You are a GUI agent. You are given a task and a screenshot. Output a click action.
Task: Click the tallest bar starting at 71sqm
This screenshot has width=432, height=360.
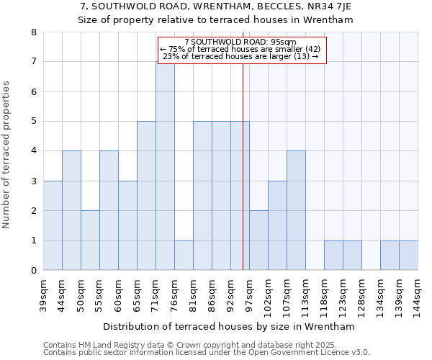coord(165,166)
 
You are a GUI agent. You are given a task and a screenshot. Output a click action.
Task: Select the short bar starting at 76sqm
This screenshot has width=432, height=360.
coord(184,256)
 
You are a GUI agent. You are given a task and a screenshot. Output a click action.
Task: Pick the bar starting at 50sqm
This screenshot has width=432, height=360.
coord(90,240)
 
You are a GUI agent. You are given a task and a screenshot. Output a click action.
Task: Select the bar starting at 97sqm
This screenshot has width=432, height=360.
coord(258,240)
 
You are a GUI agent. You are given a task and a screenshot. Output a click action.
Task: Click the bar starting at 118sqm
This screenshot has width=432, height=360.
coord(333,256)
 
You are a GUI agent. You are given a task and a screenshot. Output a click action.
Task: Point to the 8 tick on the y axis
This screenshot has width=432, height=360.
coord(33,32)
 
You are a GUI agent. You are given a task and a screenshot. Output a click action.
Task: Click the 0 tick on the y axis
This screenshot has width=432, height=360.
coord(33,271)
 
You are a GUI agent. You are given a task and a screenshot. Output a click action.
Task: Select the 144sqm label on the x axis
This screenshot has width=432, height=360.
coord(418,295)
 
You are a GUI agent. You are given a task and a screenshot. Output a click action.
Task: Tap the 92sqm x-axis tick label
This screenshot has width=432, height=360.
coord(230,295)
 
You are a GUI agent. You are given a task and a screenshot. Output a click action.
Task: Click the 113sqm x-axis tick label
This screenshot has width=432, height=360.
coord(305,295)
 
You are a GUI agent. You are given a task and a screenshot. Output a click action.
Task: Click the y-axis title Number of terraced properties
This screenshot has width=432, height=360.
coord(7,155)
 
